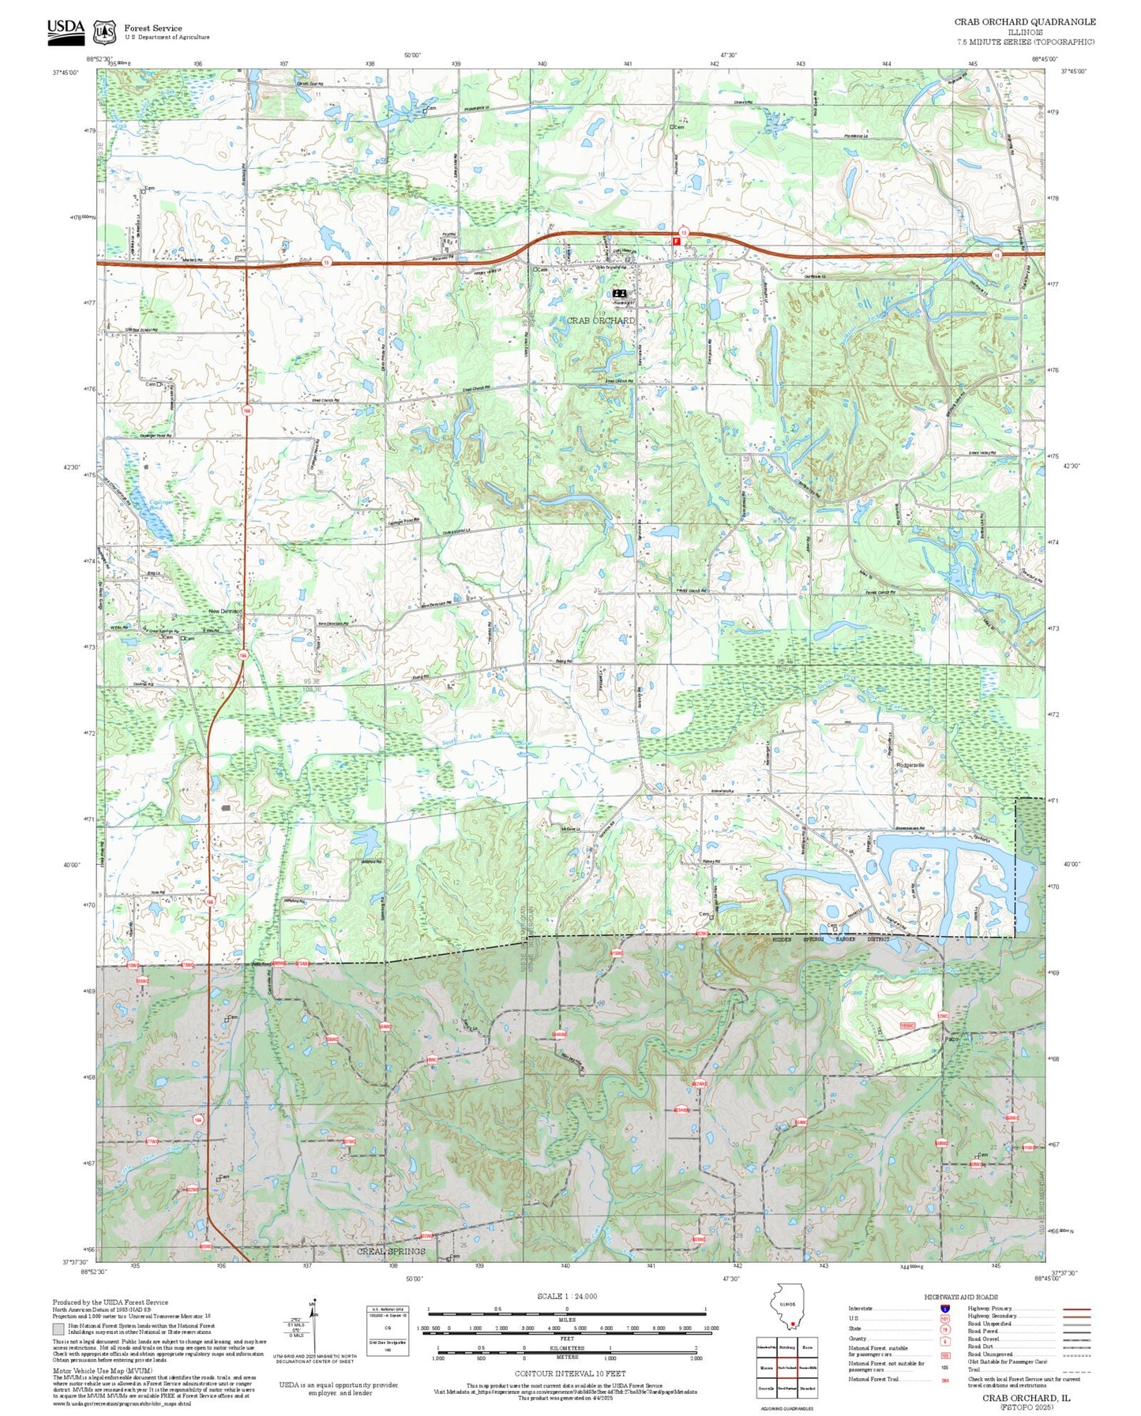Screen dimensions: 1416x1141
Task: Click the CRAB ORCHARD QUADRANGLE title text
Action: (x=1024, y=21)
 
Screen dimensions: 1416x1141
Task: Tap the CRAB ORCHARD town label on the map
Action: (x=600, y=320)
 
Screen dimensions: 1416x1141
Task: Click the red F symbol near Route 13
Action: (x=676, y=242)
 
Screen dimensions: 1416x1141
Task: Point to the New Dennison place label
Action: (x=225, y=612)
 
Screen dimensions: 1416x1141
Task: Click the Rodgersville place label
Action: (x=910, y=765)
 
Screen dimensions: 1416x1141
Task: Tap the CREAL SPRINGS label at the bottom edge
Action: (x=391, y=1252)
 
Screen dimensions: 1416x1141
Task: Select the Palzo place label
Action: (x=951, y=1039)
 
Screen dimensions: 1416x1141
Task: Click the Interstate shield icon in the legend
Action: (x=946, y=1309)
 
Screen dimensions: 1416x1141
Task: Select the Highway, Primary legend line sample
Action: (x=1075, y=1309)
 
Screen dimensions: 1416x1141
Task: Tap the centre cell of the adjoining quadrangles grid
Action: (x=786, y=1367)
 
